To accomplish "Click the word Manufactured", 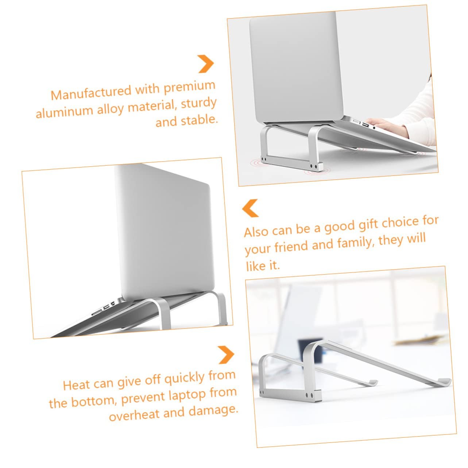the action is (x=90, y=92).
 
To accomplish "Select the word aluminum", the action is (x=64, y=112).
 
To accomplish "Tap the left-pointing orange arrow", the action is (x=250, y=208).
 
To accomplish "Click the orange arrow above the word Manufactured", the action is (x=205, y=64).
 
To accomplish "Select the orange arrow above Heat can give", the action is (x=226, y=355).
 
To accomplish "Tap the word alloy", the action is (x=111, y=109).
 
